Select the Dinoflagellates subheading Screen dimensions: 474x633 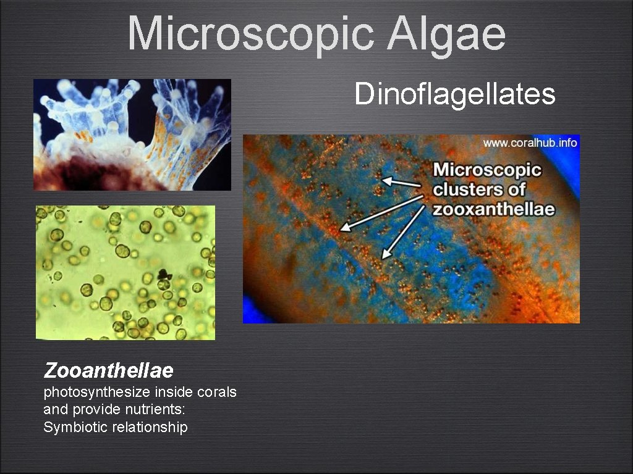pos(455,94)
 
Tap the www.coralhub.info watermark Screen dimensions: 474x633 pos(530,143)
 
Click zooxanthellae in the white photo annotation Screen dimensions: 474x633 pos(493,209)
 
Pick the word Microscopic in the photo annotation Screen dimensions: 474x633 pos(487,169)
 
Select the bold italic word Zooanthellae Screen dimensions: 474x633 pos(108,371)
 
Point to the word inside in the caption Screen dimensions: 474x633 pos(176,393)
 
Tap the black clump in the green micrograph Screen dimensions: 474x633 pos(165,274)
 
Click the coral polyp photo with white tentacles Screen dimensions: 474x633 pos(132,135)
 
